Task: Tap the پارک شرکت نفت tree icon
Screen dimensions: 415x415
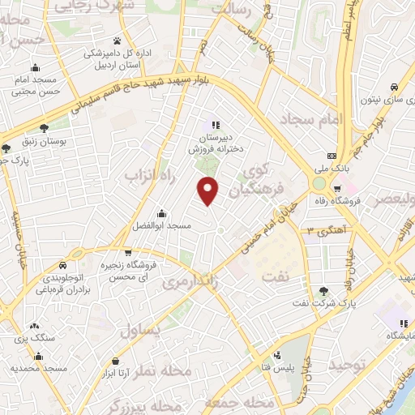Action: [324, 291]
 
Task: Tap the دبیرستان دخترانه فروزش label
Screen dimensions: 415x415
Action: [215, 143]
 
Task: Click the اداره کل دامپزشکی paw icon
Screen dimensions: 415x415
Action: [118, 40]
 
